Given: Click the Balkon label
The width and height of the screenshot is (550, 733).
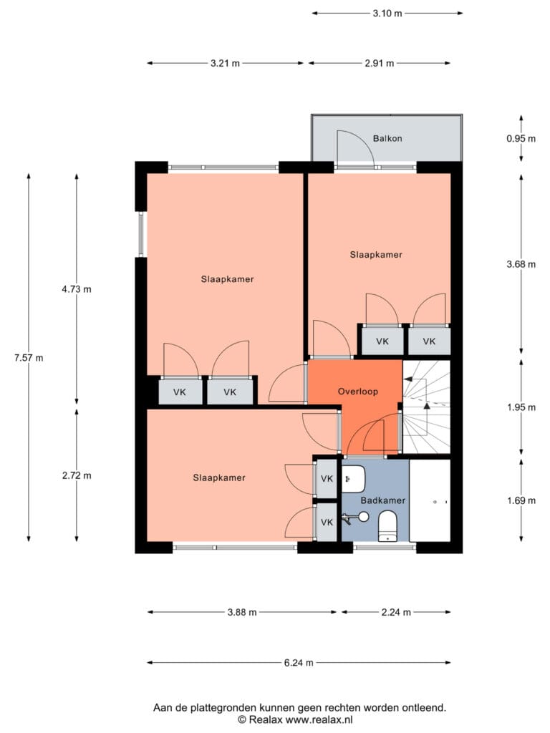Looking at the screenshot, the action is (387, 138).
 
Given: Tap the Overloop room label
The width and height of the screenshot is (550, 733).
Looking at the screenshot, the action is (358, 392).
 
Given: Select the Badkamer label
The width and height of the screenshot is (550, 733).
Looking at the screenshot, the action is (382, 500).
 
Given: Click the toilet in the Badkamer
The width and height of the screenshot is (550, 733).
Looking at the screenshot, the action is (387, 526).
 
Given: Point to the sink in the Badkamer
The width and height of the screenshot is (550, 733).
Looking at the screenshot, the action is (354, 479).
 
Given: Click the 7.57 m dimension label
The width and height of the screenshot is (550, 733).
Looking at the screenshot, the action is (29, 358).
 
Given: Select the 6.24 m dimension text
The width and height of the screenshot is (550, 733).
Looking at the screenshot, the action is (299, 662).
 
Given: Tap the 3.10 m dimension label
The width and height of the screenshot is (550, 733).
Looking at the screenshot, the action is (387, 13).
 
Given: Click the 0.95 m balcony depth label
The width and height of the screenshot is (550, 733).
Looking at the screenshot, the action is (521, 138).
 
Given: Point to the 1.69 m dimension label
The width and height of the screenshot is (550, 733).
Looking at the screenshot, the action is (521, 500).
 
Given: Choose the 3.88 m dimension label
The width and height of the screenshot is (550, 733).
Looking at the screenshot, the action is (242, 612).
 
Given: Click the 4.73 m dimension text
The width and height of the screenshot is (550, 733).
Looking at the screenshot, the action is (77, 289).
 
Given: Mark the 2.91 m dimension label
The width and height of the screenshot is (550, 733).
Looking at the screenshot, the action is (380, 63).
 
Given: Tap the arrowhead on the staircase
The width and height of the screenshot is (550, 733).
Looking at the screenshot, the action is (427, 406).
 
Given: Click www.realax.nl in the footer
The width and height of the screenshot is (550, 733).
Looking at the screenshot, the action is (319, 719).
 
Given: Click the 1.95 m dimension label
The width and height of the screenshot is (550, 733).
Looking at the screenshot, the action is (521, 407).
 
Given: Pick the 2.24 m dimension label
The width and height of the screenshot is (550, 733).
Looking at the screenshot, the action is (396, 612).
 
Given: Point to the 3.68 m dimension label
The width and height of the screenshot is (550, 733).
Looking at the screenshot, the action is (521, 265).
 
